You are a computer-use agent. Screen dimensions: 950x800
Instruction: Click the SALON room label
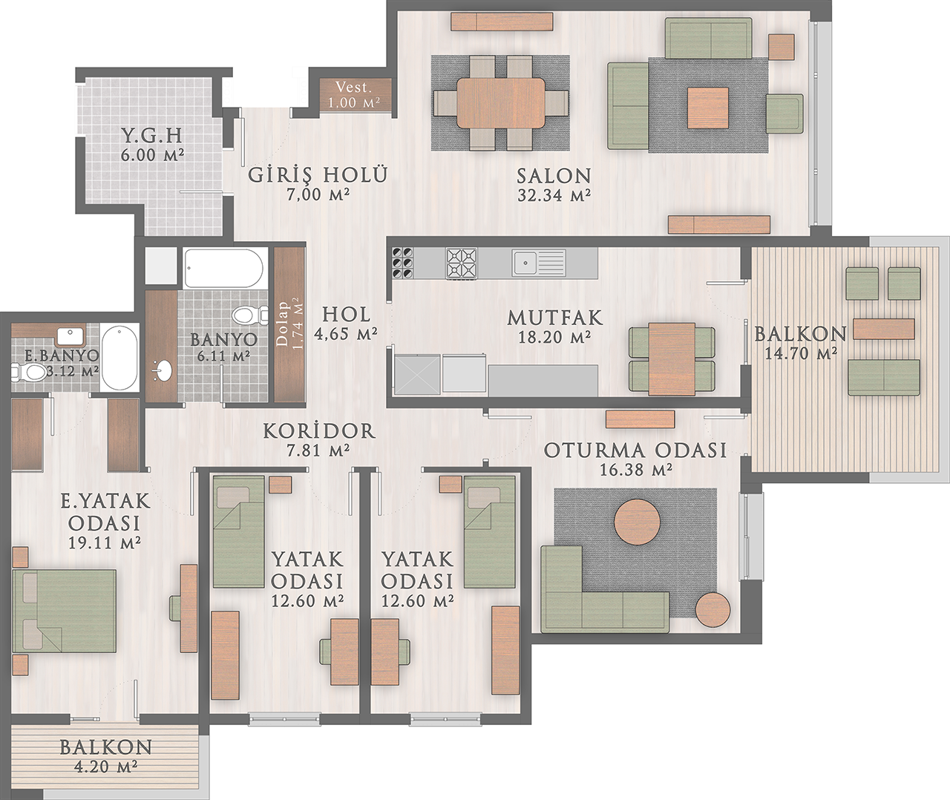click(554, 176)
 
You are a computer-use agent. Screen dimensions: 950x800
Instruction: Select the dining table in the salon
click(501, 103)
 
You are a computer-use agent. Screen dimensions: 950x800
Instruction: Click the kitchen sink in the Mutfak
click(538, 263)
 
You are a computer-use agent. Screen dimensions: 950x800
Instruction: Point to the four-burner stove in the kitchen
click(462, 263)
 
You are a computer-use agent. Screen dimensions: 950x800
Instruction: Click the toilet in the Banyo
click(250, 315)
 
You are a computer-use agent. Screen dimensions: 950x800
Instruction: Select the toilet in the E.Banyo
click(29, 371)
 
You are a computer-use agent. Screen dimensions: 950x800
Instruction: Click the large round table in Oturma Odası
click(637, 522)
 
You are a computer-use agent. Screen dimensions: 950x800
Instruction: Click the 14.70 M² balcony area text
click(801, 353)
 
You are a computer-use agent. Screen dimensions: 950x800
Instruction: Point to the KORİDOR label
click(319, 431)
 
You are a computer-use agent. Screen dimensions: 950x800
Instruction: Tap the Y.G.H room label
click(151, 136)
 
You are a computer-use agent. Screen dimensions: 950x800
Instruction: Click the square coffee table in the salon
click(707, 108)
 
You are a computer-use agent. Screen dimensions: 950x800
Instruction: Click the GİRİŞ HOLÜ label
click(317, 174)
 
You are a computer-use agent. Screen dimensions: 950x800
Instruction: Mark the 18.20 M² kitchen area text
click(554, 337)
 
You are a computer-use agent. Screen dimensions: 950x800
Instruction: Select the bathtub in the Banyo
click(223, 269)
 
